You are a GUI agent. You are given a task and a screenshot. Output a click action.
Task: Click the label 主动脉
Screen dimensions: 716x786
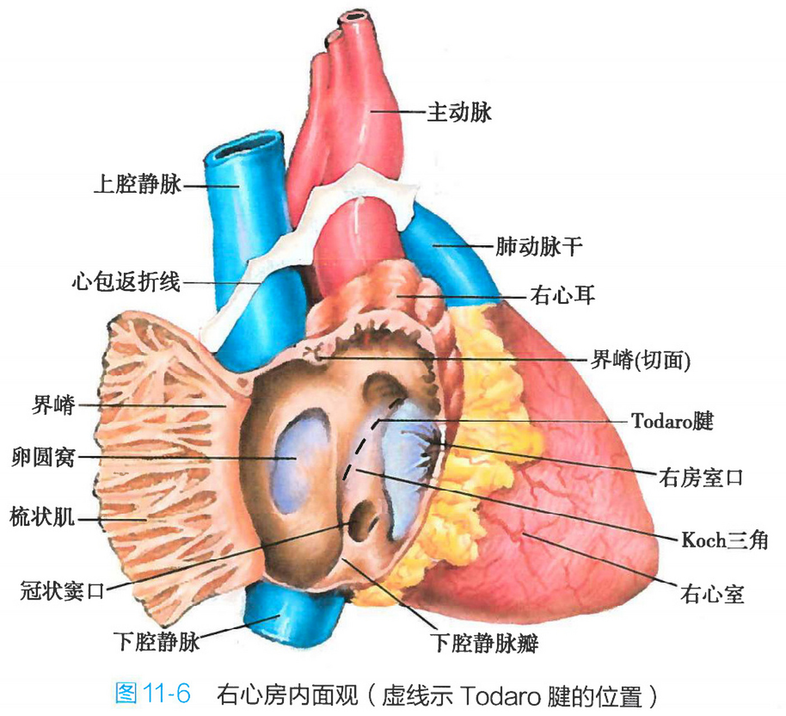(459, 112)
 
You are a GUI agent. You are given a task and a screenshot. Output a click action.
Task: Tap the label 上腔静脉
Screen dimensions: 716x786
(138, 184)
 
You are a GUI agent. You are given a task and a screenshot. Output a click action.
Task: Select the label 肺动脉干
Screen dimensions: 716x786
(539, 246)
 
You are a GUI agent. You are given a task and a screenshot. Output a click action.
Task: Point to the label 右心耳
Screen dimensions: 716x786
(562, 295)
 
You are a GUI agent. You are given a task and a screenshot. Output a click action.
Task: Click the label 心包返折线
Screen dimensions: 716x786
(126, 281)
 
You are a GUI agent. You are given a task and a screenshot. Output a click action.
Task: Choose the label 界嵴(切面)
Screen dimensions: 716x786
(641, 360)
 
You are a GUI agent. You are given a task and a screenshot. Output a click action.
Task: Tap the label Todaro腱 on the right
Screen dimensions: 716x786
(672, 421)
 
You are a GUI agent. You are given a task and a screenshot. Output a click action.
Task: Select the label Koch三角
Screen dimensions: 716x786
(725, 540)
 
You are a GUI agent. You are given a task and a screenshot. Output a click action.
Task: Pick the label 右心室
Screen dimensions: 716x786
(712, 593)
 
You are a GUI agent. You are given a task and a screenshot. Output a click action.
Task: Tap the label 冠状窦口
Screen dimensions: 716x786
(62, 590)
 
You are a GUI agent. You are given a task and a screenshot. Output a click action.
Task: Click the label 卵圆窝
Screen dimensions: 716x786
(43, 458)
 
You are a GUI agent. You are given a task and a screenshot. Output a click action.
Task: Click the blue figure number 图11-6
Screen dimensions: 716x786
(153, 694)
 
